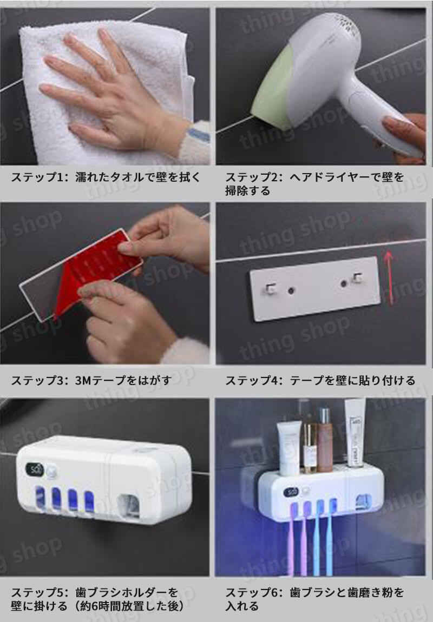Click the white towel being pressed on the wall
pyautogui.click(x=49, y=59)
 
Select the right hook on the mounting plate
pyautogui.click(x=356, y=279)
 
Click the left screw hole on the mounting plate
pyautogui.click(x=291, y=291)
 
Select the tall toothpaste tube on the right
pyautogui.click(x=356, y=433)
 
